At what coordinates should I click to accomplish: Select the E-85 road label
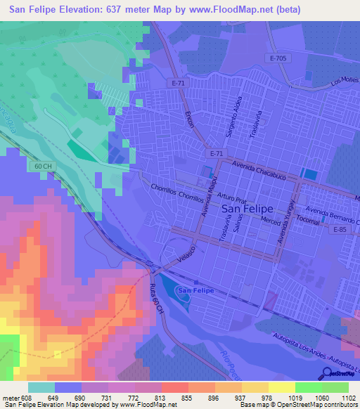point(340,230)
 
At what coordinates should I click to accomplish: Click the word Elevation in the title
point(84,10)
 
